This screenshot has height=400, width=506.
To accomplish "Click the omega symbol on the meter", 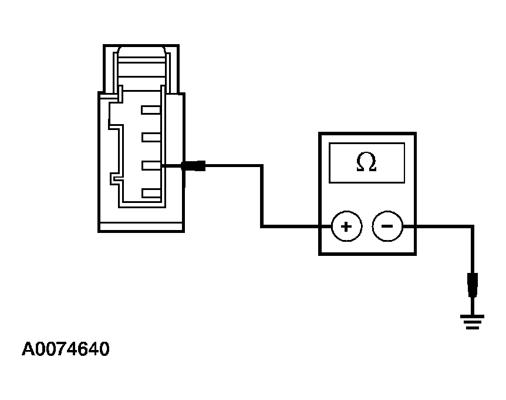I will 366,162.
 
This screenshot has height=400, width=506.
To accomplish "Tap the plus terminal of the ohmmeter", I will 346,226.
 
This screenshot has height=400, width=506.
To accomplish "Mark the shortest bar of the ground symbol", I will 473,328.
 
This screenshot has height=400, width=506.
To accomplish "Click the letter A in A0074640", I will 28,349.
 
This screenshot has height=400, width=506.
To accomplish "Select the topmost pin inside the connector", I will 151,110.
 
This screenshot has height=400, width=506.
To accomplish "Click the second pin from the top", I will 151,138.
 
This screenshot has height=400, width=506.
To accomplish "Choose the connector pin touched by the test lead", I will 151,165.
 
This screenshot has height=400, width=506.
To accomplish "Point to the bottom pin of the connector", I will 151,193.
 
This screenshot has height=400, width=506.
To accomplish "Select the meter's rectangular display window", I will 367,162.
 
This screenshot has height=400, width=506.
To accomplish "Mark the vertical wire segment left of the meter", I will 262,196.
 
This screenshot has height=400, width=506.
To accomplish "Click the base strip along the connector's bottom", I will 141,226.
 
